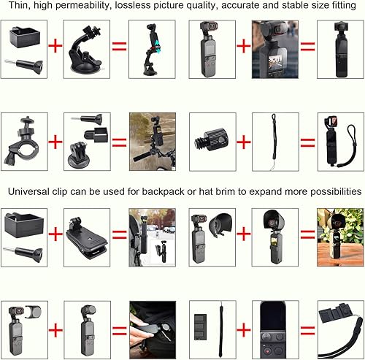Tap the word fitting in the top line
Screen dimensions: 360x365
point(342,8)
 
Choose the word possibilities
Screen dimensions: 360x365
point(326,191)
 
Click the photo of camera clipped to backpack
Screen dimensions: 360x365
point(152,234)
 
